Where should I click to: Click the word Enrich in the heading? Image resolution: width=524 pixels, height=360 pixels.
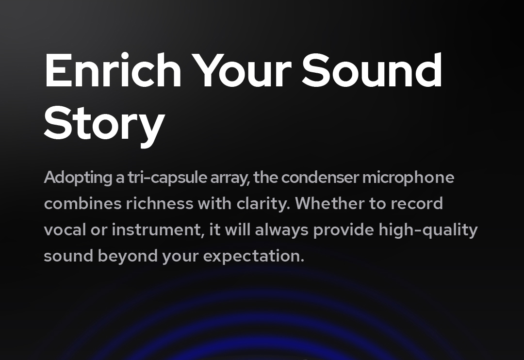point(113,70)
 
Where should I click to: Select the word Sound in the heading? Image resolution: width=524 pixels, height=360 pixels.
point(372,70)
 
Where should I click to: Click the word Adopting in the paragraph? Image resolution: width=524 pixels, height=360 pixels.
point(78,178)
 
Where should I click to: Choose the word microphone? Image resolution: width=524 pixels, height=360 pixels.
point(409,178)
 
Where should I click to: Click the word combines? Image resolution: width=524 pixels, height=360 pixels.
point(82,203)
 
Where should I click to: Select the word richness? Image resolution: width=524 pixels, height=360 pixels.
point(160,203)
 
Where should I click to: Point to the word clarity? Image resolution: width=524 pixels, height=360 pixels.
point(263,204)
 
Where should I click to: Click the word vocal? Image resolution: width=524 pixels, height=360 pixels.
point(65,229)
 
